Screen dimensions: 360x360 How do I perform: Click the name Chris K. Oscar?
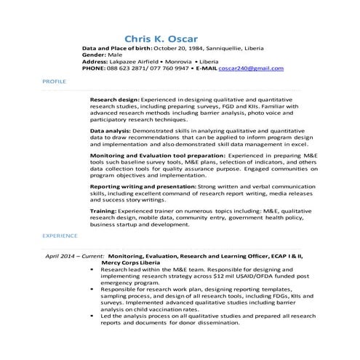[x=161, y=38]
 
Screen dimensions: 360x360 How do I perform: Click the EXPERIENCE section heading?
[x=60, y=236]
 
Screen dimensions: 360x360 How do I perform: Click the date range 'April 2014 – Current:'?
[x=73, y=256]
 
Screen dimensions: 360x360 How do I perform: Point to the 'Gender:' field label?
[x=95, y=55]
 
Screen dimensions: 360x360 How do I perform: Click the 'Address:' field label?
[x=97, y=61]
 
